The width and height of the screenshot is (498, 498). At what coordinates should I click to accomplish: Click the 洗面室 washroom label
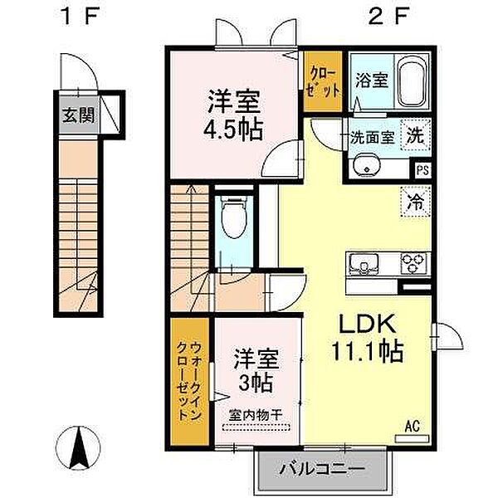click(371, 138)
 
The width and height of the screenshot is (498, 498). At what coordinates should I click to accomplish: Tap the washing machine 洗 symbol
click(415, 137)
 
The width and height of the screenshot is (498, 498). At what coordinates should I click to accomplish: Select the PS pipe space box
click(422, 172)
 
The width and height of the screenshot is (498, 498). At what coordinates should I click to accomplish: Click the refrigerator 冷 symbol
click(415, 200)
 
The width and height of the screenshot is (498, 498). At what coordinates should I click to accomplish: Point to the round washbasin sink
click(364, 169)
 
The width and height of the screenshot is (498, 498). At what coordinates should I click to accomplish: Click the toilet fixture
click(232, 220)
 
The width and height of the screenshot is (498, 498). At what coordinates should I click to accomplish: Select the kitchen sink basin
click(364, 265)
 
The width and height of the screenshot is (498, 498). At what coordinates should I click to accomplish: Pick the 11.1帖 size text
click(369, 352)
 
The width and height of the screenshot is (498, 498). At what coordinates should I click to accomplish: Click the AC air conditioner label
click(412, 427)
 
